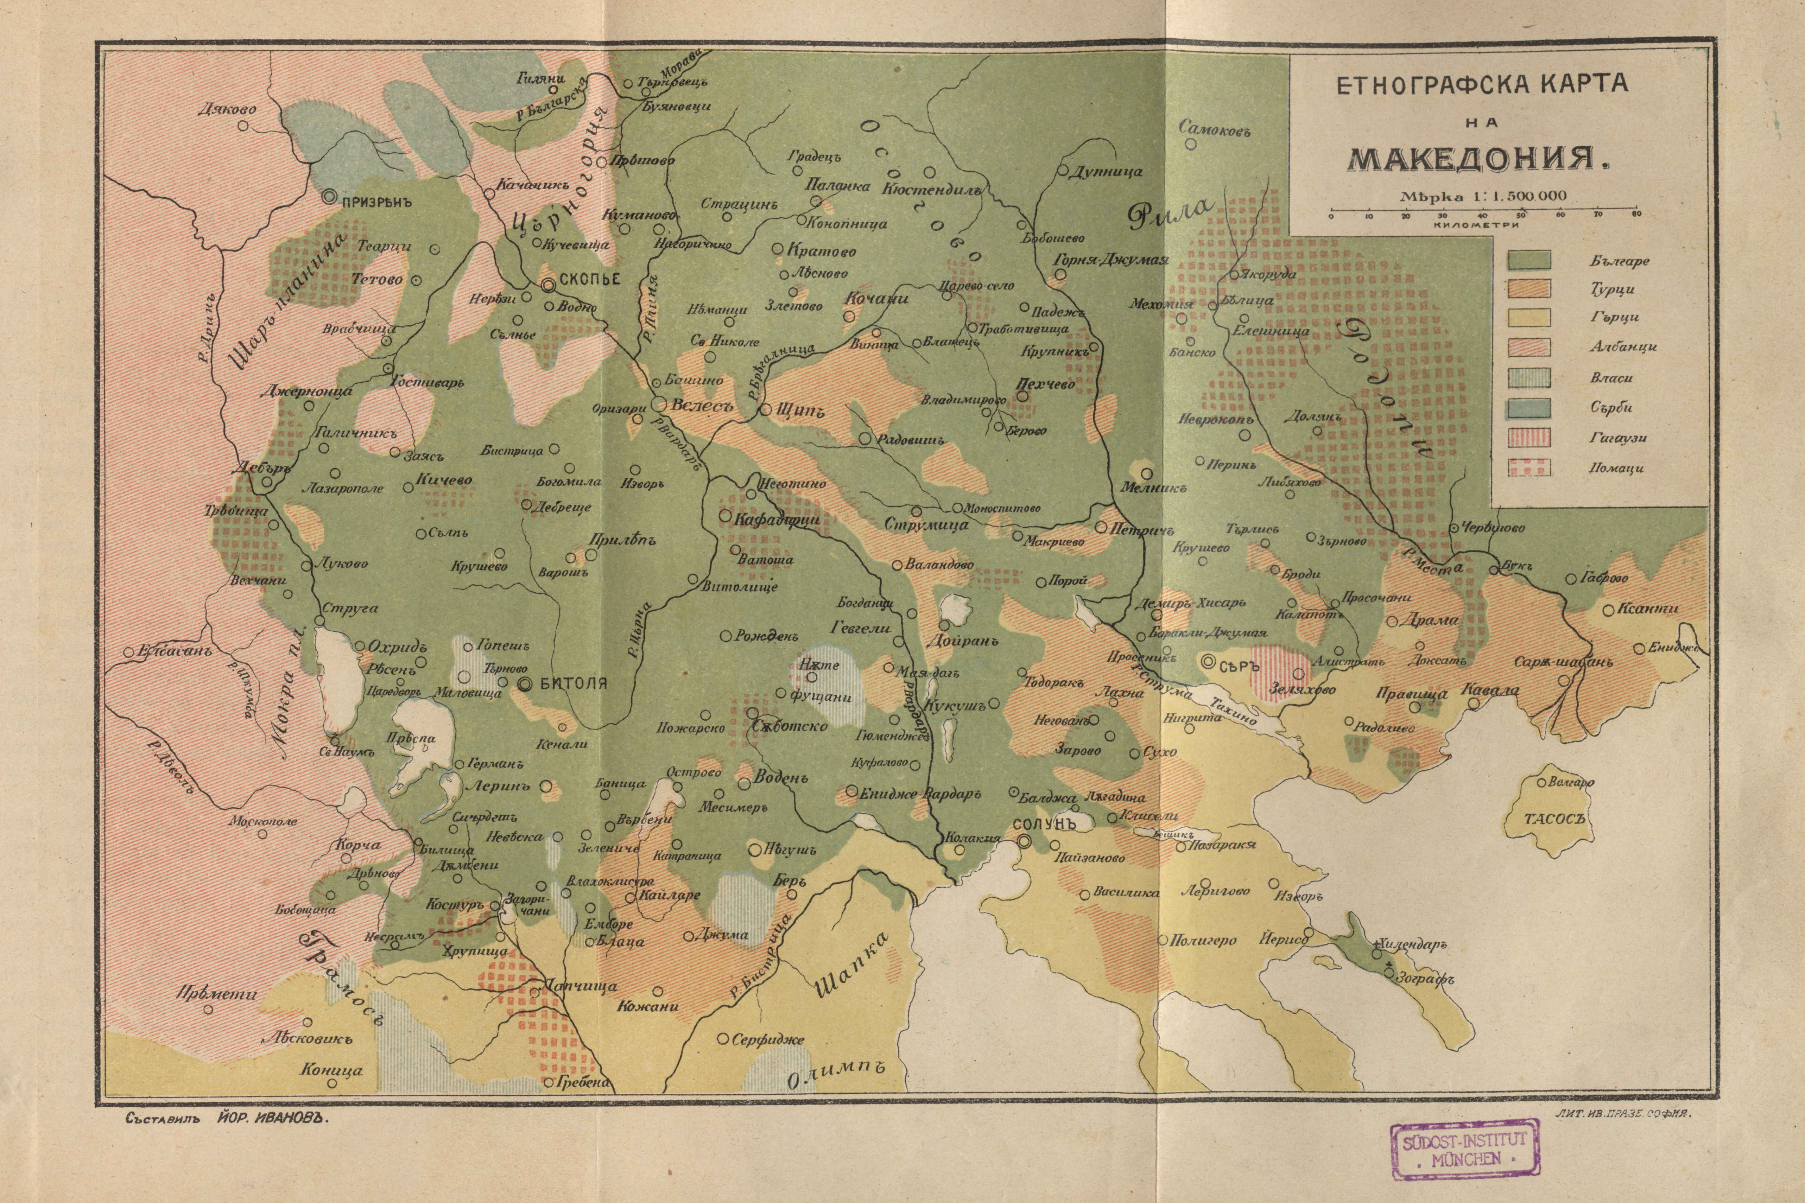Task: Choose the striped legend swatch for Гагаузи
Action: [1529, 437]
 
